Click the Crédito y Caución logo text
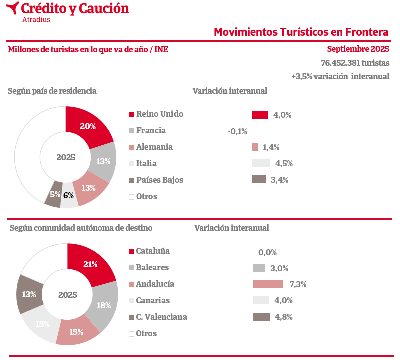[x=75, y=8]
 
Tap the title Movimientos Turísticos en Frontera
[x=301, y=32]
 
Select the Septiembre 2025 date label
[x=358, y=49]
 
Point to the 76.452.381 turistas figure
[x=355, y=63]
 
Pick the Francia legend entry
[x=150, y=130]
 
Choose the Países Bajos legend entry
[x=159, y=180]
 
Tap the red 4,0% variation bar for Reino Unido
[x=260, y=115]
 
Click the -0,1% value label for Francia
[x=237, y=131]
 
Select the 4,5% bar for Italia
[x=261, y=163]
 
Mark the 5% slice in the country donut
[x=54, y=195]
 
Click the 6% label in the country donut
[x=69, y=196]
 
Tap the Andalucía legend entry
[x=155, y=284]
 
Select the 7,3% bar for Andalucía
[x=268, y=284]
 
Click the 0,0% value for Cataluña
[x=267, y=252]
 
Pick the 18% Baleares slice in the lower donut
[x=103, y=306]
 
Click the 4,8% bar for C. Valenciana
[x=261, y=317]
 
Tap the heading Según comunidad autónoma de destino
[x=81, y=228]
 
